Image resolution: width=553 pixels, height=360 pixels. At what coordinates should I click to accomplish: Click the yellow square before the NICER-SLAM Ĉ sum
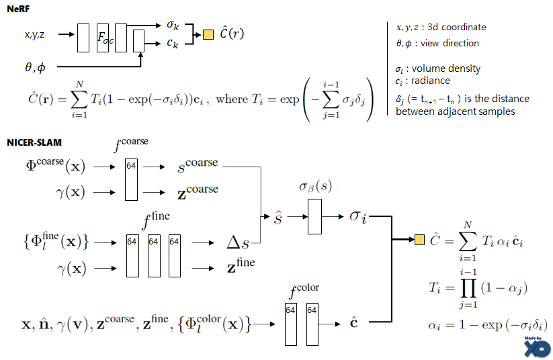click(x=420, y=239)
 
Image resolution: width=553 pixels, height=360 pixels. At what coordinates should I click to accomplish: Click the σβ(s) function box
click(x=314, y=215)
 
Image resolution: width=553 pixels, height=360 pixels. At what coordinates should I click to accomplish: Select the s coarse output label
click(x=200, y=165)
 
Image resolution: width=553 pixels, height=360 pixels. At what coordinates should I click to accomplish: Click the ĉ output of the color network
click(x=354, y=324)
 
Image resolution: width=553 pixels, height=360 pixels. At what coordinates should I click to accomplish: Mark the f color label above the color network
click(x=304, y=291)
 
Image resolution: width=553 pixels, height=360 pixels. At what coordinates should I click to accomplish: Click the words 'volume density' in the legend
click(x=449, y=69)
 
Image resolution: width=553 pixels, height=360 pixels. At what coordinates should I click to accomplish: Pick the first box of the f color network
click(x=290, y=324)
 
